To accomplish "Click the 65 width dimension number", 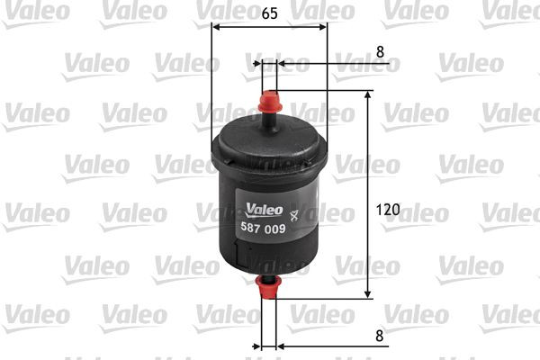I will pos(270,13).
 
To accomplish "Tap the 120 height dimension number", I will pos(388,210).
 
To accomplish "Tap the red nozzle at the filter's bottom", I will pos(268,289).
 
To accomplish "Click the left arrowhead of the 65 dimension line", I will pos(215,26).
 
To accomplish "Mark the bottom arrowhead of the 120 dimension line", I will pos(367,293).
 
